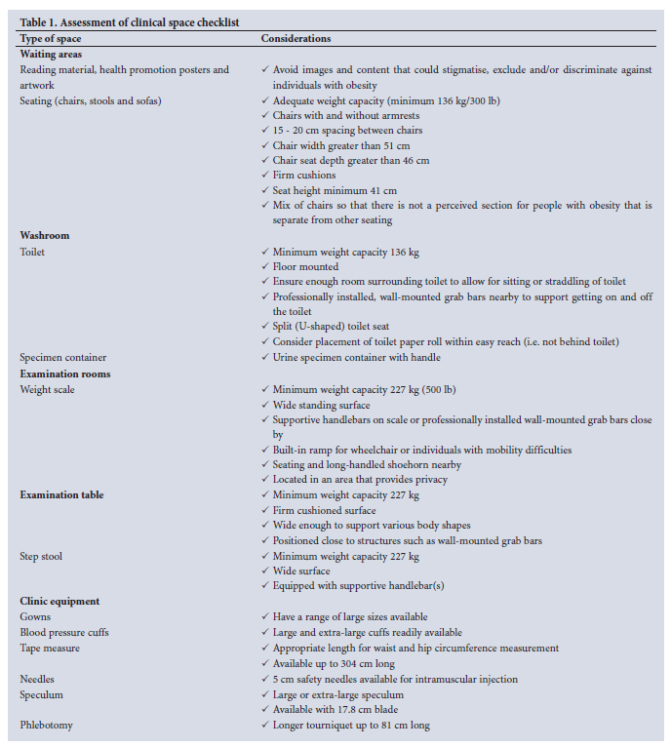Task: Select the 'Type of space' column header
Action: pyautogui.click(x=51, y=39)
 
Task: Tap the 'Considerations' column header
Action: pyautogui.click(x=296, y=39)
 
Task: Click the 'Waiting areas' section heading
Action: pyautogui.click(x=52, y=55)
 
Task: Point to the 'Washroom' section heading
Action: pyautogui.click(x=45, y=236)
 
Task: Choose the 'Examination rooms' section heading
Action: pyautogui.click(x=65, y=374)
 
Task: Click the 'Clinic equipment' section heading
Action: pyautogui.click(x=59, y=601)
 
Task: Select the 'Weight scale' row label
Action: pyautogui.click(x=47, y=389)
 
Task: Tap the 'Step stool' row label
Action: pyautogui.click(x=42, y=556)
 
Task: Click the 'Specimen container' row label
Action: pyautogui.click(x=63, y=358)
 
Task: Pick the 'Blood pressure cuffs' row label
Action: pyautogui.click(x=64, y=632)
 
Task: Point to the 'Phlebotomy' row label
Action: pyautogui.click(x=47, y=725)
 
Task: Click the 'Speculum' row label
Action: pyautogui.click(x=41, y=694)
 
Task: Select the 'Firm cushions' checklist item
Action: pyautogui.click(x=303, y=176)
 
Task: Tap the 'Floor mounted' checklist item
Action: pyautogui.click(x=305, y=266)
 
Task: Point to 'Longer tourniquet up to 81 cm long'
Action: pyautogui.click(x=351, y=725)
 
